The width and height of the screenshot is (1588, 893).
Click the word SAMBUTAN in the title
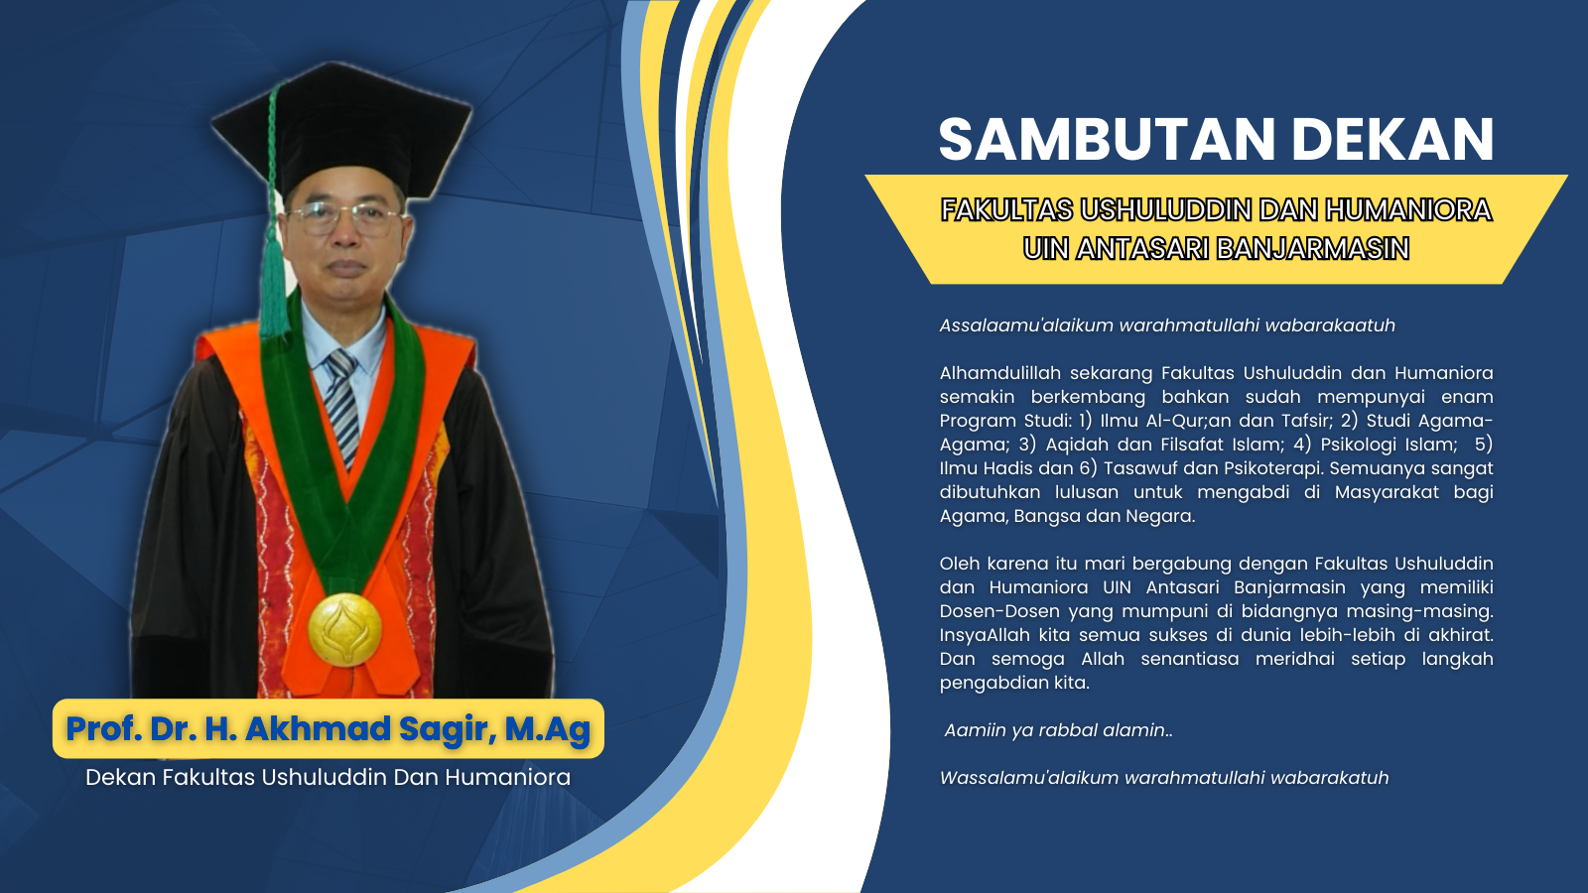pyautogui.click(x=1108, y=140)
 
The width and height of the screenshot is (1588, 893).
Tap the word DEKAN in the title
pyautogui.click(x=1393, y=140)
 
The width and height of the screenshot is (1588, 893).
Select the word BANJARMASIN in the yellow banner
pyautogui.click(x=1313, y=249)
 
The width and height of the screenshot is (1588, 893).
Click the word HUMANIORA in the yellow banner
pyautogui.click(x=1408, y=210)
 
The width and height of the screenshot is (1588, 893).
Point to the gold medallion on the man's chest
pyautogui.click(x=344, y=629)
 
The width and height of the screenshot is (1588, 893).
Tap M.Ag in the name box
pyautogui.click(x=547, y=729)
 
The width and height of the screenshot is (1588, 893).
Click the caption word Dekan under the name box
pyautogui.click(x=120, y=778)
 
